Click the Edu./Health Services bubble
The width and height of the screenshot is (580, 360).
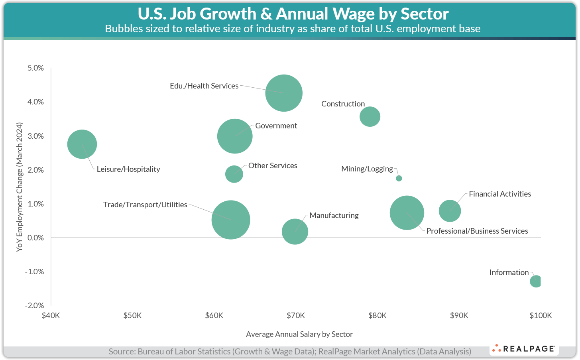pyautogui.click(x=284, y=93)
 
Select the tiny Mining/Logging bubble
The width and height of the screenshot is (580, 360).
pyautogui.click(x=399, y=178)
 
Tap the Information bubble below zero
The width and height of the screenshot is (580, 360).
pyautogui.click(x=535, y=281)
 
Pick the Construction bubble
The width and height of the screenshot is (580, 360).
pyautogui.click(x=370, y=117)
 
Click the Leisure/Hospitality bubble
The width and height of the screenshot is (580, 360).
pyautogui.click(x=82, y=144)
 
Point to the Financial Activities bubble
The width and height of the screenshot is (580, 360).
pyautogui.click(x=450, y=211)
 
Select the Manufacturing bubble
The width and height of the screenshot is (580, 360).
pyautogui.click(x=295, y=232)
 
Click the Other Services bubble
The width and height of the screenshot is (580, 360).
pyautogui.click(x=234, y=174)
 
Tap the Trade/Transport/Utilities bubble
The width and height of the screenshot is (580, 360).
pyautogui.click(x=231, y=220)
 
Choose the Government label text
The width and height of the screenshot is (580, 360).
pyautogui.click(x=276, y=126)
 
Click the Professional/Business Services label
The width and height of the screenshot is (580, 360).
pyautogui.click(x=477, y=231)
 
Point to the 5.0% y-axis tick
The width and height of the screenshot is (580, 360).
pyautogui.click(x=36, y=68)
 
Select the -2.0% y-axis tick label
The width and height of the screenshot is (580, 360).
pyautogui.click(x=35, y=305)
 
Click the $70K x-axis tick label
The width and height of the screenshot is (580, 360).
pyautogui.click(x=296, y=316)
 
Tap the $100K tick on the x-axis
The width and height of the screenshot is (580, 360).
pyautogui.click(x=541, y=316)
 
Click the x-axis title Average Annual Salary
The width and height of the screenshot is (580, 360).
pyautogui.click(x=299, y=334)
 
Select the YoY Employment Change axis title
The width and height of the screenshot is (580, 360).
pyautogui.click(x=19, y=187)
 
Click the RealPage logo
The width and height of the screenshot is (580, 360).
pyautogui.click(x=524, y=349)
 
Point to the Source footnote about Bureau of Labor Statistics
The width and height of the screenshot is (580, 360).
pyautogui.click(x=290, y=352)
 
